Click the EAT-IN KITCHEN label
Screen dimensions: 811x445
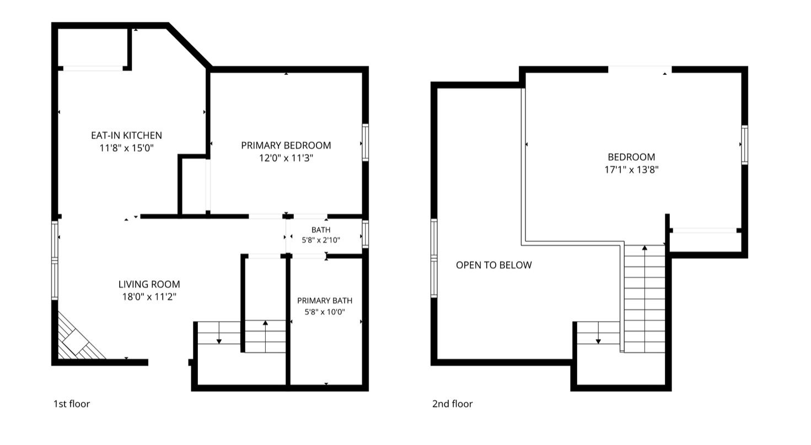coord(126,135)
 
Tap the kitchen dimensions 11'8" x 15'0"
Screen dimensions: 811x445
coord(126,148)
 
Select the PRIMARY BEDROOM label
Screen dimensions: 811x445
coord(286,145)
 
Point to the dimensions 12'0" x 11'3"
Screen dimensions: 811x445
coord(286,158)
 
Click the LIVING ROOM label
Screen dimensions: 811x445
coord(149,284)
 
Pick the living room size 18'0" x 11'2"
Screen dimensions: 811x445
coord(149,297)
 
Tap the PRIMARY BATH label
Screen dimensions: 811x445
coord(325,301)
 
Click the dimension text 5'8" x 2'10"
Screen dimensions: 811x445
coord(321,240)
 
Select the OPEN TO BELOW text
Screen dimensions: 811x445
coord(494,265)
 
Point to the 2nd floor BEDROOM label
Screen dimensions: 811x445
coord(631,157)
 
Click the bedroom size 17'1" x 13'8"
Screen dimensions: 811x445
coord(631,170)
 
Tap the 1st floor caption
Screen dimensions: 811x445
coord(72,404)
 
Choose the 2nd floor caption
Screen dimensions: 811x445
coord(453,404)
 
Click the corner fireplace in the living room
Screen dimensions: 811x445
coord(78,338)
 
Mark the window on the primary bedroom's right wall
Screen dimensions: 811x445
coord(366,142)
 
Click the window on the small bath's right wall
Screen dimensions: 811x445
coord(366,234)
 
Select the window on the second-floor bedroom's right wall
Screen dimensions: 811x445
coord(745,145)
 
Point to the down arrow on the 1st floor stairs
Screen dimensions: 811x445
coord(219,333)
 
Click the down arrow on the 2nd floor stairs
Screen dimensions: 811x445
coord(599,333)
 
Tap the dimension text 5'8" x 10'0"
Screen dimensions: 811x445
coord(325,312)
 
